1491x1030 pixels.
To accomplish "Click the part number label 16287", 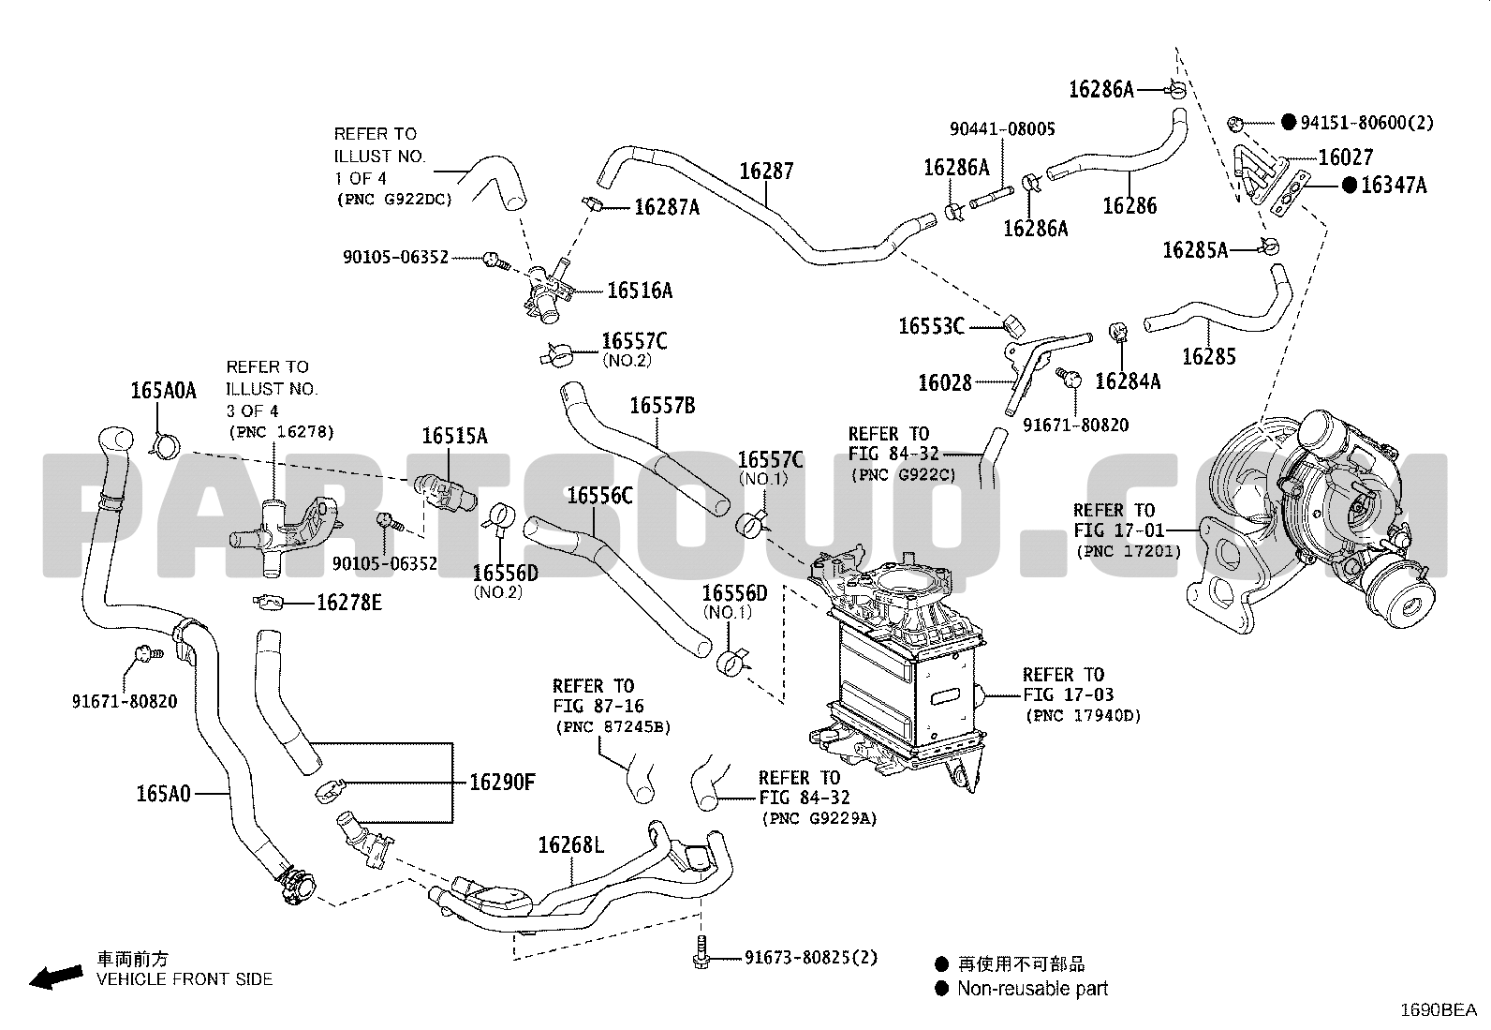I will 766,172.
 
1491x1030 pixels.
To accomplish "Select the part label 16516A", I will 640,291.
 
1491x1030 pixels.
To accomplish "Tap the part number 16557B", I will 662,406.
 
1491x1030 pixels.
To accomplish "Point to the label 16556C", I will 599,495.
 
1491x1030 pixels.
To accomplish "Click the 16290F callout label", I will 502,782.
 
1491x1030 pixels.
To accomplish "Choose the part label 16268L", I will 570,844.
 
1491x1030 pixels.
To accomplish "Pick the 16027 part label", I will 1346,157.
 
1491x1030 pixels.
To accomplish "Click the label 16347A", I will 1394,186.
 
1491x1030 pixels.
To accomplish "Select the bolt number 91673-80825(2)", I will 811,958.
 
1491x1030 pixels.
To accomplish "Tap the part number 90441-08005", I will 1002,128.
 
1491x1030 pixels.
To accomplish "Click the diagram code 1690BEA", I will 1438,1010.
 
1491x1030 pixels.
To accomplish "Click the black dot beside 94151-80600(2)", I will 1289,122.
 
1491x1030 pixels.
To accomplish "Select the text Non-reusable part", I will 1032,989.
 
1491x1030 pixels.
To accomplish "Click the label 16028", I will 944,382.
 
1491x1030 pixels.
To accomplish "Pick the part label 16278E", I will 349,602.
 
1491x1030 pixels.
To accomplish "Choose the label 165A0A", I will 164,391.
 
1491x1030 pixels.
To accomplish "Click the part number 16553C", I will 931,326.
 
